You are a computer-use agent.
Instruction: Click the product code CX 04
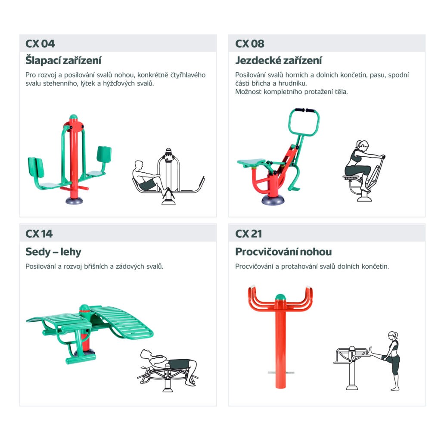[x=40, y=43]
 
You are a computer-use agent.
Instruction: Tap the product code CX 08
[x=249, y=43]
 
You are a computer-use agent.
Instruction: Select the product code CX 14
[x=39, y=234]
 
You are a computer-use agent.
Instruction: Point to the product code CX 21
[x=248, y=234]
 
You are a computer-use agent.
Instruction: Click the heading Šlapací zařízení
[x=63, y=60]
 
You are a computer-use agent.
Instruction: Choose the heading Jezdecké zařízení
[x=279, y=60]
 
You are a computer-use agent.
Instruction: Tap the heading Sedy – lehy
[x=53, y=252]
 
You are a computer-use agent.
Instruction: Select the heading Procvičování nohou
[x=283, y=252]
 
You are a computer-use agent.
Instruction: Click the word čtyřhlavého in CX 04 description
[x=188, y=75]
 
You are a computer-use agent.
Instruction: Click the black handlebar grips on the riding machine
[x=305, y=110]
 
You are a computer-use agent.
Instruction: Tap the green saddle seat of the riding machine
[x=251, y=162]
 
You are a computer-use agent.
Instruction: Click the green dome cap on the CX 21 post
[x=280, y=297]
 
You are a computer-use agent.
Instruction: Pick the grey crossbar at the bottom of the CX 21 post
[x=281, y=373]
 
